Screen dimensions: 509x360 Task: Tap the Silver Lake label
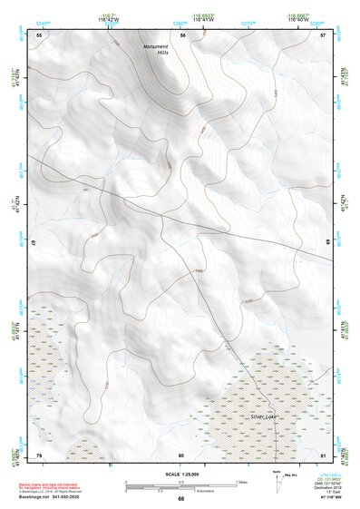265,416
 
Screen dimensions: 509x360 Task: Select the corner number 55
39,34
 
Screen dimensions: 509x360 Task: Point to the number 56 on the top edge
183,34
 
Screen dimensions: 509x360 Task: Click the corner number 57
323,34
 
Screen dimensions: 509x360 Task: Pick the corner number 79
39,454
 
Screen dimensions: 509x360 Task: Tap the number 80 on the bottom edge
181,454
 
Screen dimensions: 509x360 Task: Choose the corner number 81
323,454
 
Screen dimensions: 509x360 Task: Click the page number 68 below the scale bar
180,498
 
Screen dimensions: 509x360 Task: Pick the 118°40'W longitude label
300,18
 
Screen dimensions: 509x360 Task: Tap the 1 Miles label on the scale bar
241,482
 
